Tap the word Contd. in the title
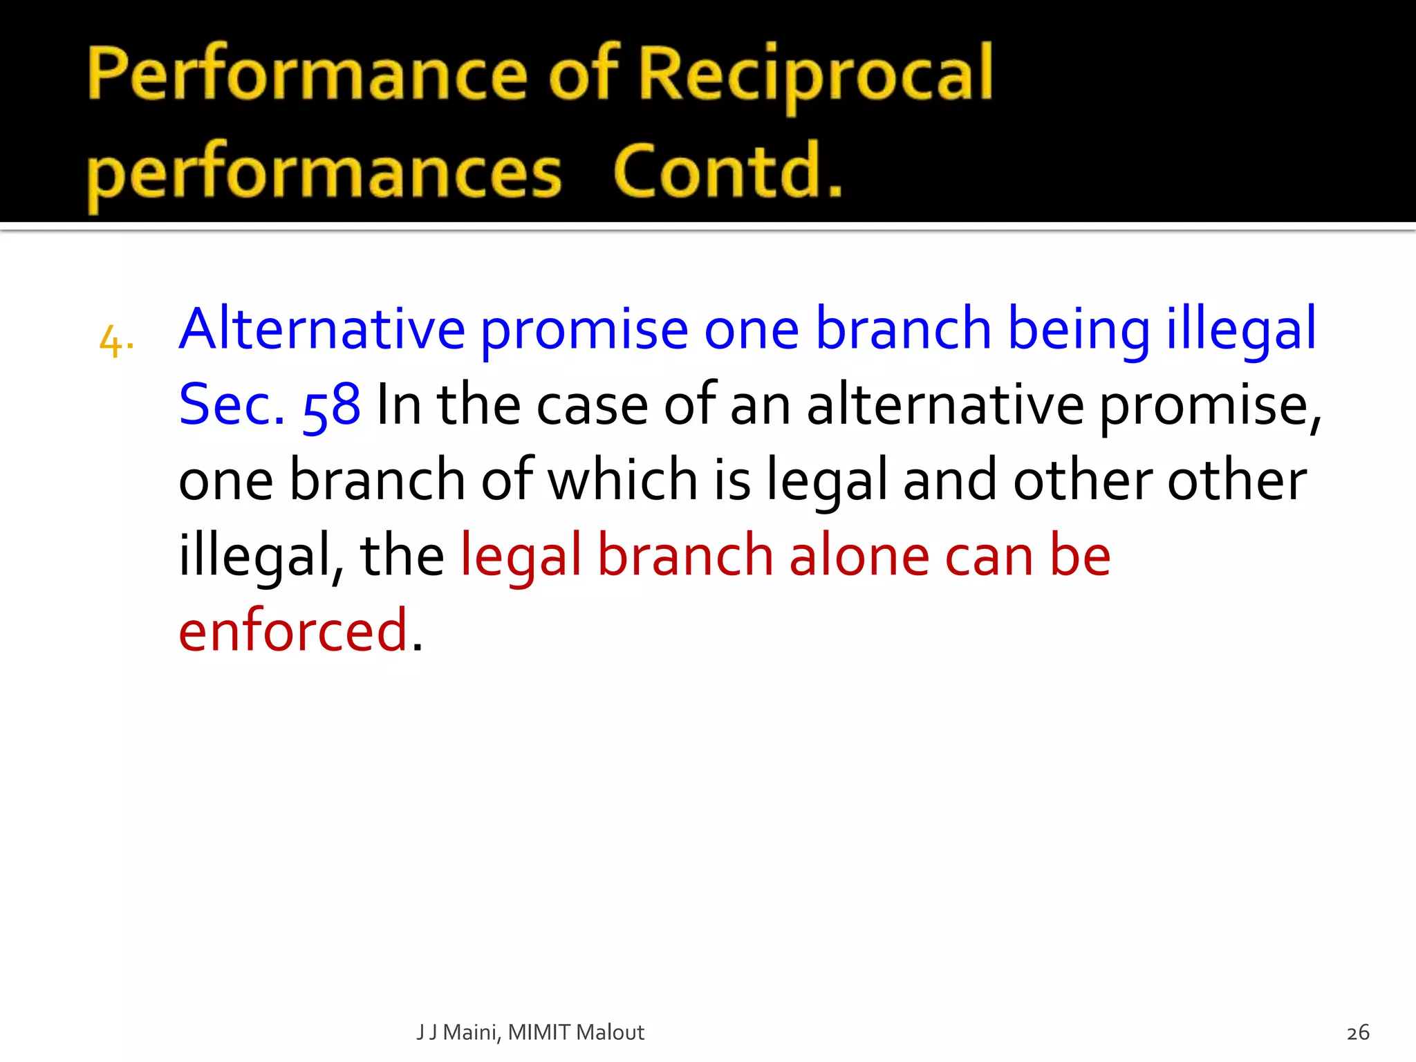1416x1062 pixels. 727,171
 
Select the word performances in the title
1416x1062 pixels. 324,173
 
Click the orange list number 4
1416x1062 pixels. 113,342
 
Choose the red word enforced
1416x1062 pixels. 293,631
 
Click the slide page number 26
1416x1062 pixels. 1358,1032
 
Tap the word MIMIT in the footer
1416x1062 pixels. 539,1032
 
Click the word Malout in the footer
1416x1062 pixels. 610,1032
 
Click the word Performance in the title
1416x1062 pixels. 308,75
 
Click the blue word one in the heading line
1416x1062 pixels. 751,330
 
